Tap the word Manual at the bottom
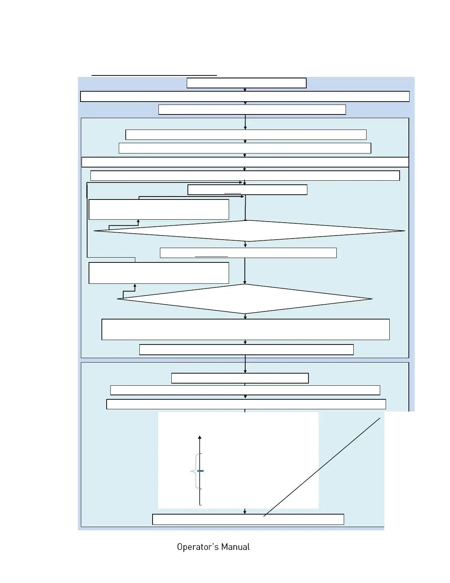click(236, 547)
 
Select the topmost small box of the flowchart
click(246, 83)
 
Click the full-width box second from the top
click(245, 96)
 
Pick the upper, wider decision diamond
click(249, 231)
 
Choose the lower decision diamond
click(245, 299)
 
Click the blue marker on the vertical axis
click(200, 471)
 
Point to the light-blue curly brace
click(194, 471)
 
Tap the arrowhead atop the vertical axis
click(200, 437)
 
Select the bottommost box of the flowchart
click(248, 519)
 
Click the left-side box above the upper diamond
click(159, 209)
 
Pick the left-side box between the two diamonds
click(159, 273)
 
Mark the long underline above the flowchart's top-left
click(154, 75)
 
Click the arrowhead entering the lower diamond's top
click(245, 282)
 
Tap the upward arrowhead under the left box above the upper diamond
click(138, 221)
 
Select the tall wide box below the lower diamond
click(246, 329)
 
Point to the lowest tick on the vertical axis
click(200, 505)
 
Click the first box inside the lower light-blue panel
click(240, 378)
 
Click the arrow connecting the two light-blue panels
click(245, 364)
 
